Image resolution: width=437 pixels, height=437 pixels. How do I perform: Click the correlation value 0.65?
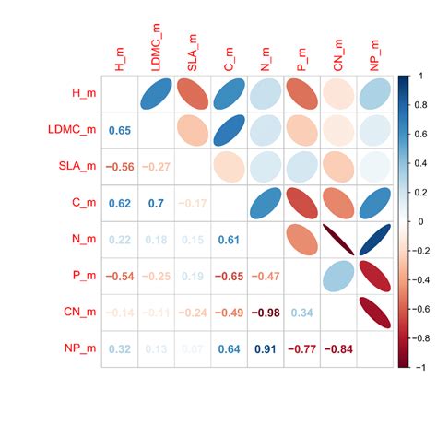click(119, 131)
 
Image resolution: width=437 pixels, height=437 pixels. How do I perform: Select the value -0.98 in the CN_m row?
click(266, 313)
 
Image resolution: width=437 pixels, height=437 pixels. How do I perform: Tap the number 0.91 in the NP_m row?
click(266, 349)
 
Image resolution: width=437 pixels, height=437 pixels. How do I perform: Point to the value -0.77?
click(302, 349)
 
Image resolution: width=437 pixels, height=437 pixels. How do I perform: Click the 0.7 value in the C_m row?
click(156, 204)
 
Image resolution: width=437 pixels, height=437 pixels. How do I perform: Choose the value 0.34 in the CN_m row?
click(302, 313)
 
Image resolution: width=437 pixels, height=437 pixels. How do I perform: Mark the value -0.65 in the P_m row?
click(230, 277)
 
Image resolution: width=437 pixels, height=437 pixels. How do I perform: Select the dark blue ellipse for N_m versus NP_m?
click(375, 240)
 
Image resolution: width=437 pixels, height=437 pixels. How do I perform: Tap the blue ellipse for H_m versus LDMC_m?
click(156, 94)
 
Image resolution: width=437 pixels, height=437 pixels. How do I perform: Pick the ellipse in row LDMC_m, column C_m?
click(230, 131)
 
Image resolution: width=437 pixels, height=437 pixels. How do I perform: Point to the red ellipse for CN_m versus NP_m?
click(375, 313)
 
